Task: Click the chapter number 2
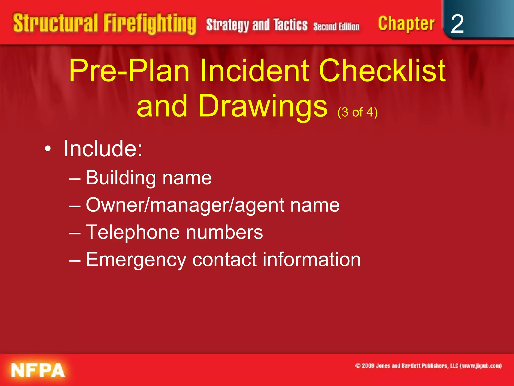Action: tap(457, 24)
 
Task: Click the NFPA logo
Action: tap(38, 370)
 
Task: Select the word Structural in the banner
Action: tap(55, 23)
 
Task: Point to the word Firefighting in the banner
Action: tap(150, 24)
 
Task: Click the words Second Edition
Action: tap(336, 26)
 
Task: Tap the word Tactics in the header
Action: tap(290, 25)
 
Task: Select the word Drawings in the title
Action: tap(263, 106)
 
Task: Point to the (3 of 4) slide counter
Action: tap(357, 112)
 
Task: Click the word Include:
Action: tap(103, 149)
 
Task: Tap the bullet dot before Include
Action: tap(47, 149)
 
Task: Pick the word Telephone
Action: tap(133, 232)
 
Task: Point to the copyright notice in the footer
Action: tap(428, 366)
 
